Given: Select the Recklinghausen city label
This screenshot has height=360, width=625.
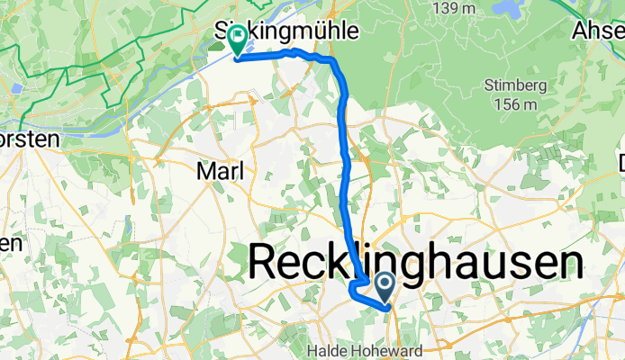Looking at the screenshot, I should pyautogui.click(x=414, y=264).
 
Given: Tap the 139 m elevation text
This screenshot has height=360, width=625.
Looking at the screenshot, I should pyautogui.click(x=456, y=8).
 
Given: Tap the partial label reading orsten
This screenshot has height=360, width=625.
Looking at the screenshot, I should pyautogui.click(x=29, y=139).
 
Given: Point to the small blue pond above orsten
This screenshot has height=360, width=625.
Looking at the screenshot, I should pyautogui.click(x=14, y=89).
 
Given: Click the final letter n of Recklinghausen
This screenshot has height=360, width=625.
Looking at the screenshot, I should pyautogui.click(x=568, y=264).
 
